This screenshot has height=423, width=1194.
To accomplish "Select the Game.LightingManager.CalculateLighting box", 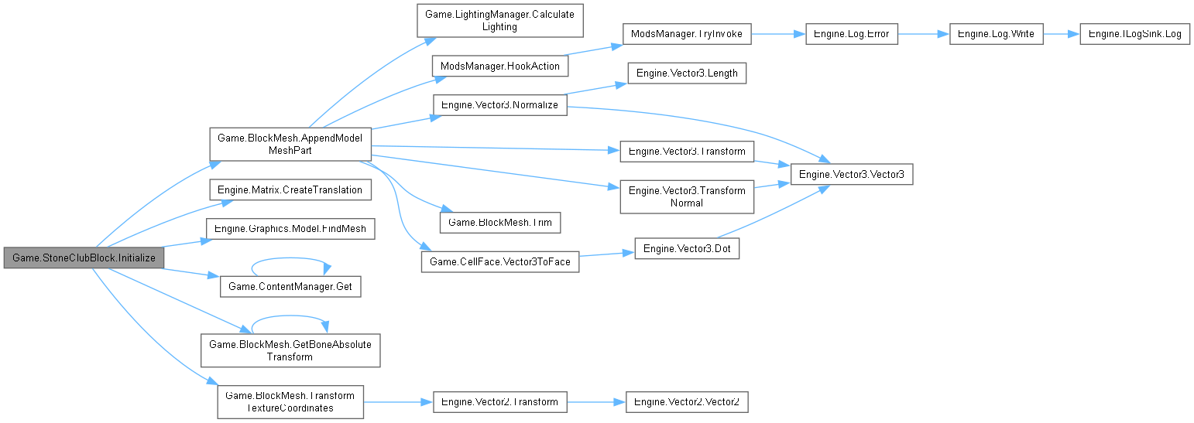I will point(499,20).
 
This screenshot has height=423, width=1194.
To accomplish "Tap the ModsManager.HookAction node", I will point(499,66).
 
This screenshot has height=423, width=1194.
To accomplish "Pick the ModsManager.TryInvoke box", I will point(686,34).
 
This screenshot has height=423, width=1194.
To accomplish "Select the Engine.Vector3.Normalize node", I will point(499,104).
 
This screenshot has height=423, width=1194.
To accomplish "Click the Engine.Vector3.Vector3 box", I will point(851,175).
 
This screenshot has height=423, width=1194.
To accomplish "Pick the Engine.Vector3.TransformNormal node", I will point(687,196).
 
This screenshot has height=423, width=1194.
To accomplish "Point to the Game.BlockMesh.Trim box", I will point(499,222).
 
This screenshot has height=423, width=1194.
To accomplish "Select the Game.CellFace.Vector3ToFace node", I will point(499,261).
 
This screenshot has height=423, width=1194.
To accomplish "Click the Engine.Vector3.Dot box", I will point(687,248).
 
